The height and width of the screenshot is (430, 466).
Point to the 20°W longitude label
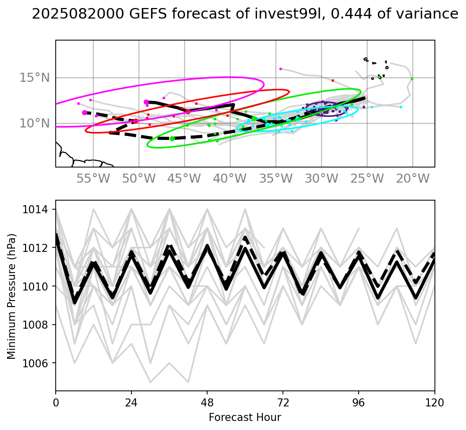(413, 179)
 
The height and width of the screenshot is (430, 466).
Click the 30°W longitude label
(322, 179)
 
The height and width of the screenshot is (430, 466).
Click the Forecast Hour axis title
(245, 417)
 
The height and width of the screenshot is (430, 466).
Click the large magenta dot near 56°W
(84, 112)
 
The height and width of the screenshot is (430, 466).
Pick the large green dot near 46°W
(172, 138)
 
